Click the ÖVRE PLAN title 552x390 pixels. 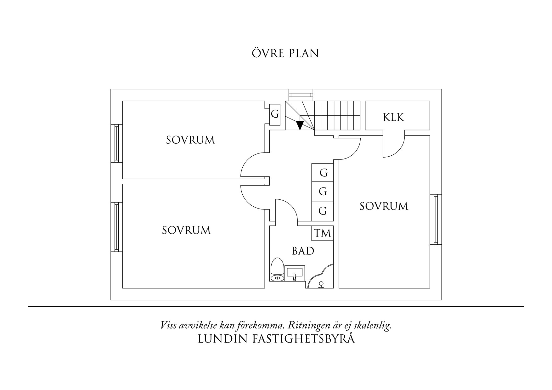coord(285,53)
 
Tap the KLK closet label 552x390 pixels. coord(393,117)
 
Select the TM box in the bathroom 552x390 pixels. coord(323,233)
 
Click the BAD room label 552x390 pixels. coord(303,251)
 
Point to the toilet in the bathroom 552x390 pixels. coord(277,270)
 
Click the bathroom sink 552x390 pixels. coord(295,272)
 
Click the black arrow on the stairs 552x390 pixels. coord(300,125)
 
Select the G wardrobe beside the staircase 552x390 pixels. coord(275,114)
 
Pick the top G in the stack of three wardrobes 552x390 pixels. coord(323,173)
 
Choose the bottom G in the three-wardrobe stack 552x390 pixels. coord(322,211)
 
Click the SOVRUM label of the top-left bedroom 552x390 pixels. coord(190,140)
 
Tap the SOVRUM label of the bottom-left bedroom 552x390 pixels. coord(186,230)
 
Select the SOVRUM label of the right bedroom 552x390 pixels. coord(384,206)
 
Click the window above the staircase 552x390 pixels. coord(301,94)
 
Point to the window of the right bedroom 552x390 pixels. coord(436,220)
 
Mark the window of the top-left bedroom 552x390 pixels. coord(116,143)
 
